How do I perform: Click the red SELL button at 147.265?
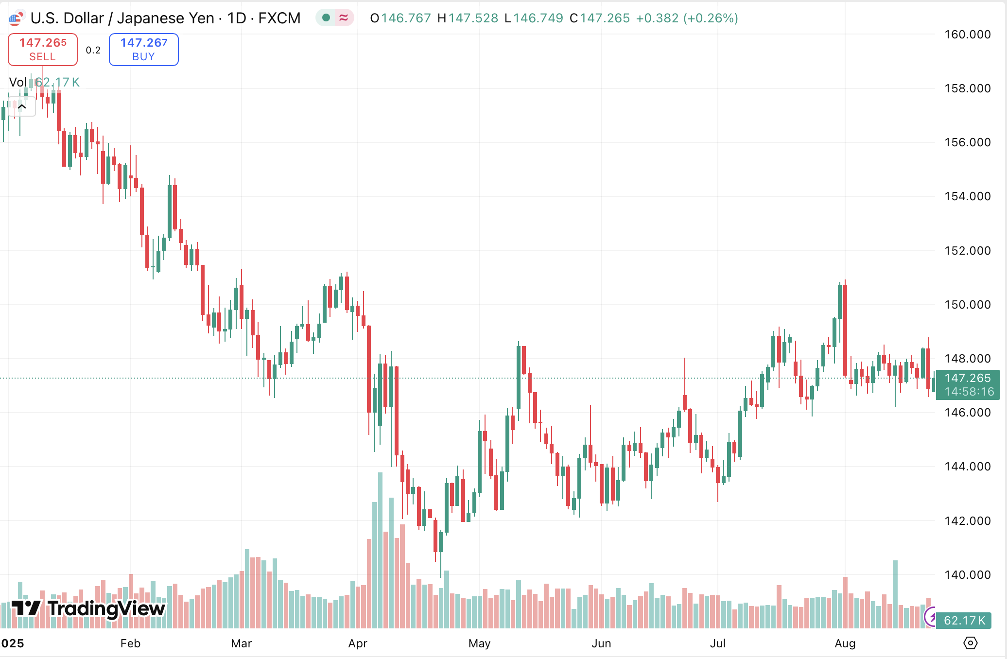[x=43, y=50]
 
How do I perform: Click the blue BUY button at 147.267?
[x=144, y=50]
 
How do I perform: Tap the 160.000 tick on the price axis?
[x=967, y=35]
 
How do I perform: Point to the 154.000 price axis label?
[x=967, y=196]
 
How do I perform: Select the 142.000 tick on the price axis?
[x=967, y=521]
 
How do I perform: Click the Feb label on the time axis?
[x=130, y=643]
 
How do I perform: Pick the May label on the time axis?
[x=479, y=643]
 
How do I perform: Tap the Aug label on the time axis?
[x=845, y=643]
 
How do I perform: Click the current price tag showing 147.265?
[x=967, y=384]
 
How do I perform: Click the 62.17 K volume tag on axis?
[x=964, y=621]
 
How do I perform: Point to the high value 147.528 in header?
[x=473, y=18]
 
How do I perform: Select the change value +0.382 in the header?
[x=657, y=18]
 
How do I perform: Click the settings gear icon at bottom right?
[x=970, y=643]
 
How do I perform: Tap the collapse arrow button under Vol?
[x=22, y=106]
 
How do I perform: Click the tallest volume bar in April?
[x=380, y=549]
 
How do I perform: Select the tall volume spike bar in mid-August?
[x=895, y=594]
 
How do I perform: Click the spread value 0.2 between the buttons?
[x=93, y=50]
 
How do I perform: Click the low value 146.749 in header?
[x=538, y=18]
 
